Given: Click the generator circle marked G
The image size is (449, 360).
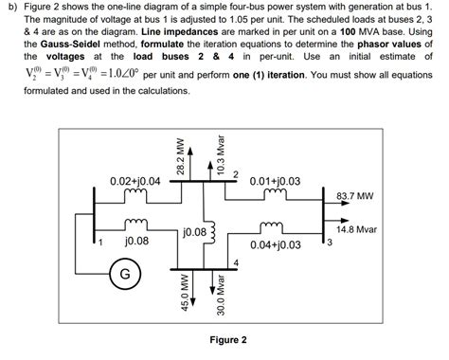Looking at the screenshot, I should tap(123, 277).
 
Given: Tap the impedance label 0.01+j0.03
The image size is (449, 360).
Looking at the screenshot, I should tap(274, 180).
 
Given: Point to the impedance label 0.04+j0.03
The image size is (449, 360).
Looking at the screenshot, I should tap(276, 244).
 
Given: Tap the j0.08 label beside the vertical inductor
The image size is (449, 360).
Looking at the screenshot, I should tap(194, 230).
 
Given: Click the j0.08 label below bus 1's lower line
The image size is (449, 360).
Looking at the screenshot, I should tap(138, 243).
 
